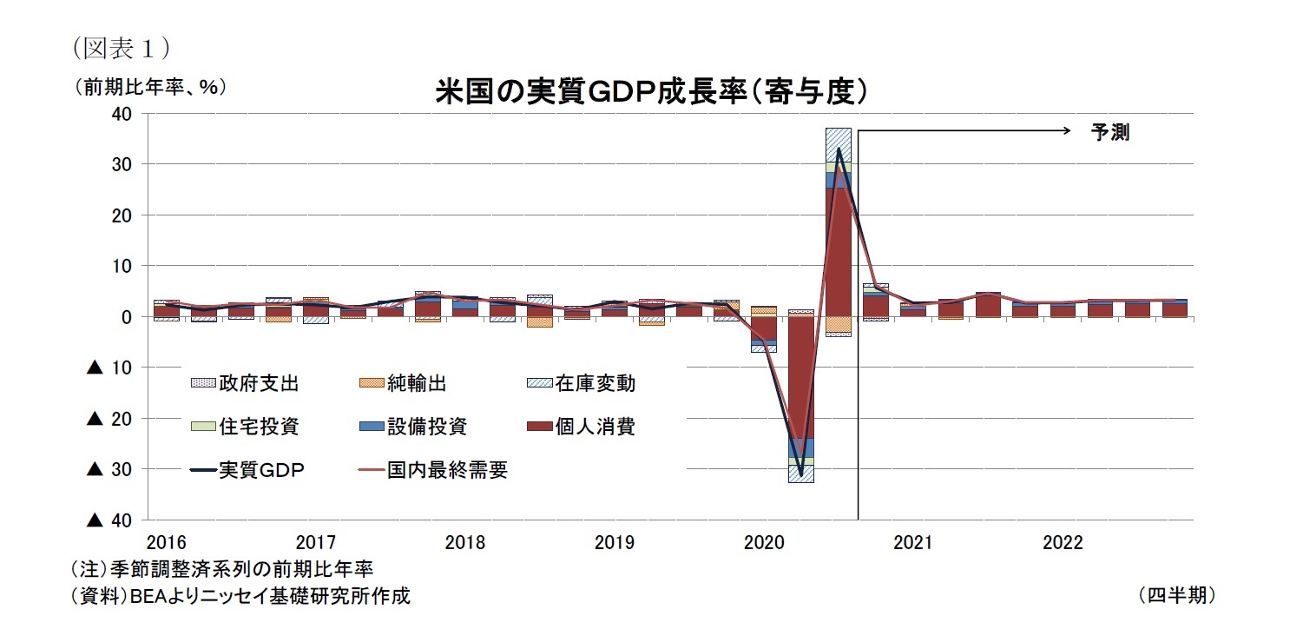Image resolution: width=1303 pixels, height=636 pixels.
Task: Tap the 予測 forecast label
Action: [1109, 133]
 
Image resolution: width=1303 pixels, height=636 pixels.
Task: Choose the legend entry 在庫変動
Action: [599, 382]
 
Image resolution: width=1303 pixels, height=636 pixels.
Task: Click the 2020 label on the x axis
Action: [763, 543]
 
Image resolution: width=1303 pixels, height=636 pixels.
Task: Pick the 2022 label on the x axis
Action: [1062, 543]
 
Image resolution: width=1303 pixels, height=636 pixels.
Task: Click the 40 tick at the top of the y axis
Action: [122, 114]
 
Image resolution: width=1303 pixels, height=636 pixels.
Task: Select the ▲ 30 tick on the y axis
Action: [109, 469]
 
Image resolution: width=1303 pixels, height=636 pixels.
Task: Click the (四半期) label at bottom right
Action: [1175, 595]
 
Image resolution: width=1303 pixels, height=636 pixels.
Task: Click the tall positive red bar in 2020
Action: [838, 252]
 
